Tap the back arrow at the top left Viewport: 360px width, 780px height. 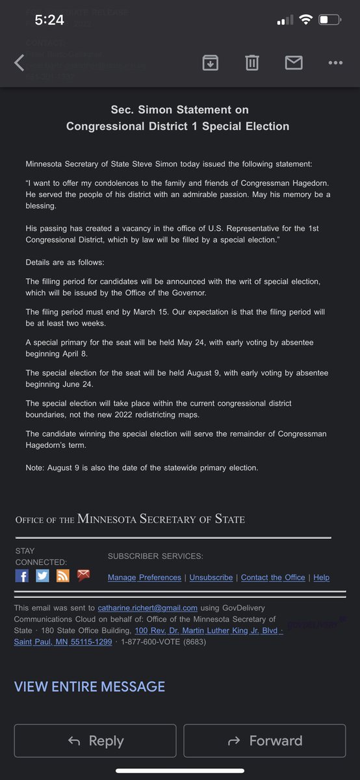(19, 62)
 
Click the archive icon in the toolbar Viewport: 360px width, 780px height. (210, 62)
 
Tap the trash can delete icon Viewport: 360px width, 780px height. (252, 62)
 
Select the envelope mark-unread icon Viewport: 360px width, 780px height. (294, 62)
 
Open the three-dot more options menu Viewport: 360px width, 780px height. (335, 62)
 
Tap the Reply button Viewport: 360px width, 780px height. (95, 740)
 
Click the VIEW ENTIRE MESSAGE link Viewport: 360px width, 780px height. (90, 686)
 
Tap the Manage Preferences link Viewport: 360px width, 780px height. (144, 577)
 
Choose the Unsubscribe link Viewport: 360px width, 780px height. (211, 577)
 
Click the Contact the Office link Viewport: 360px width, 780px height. (273, 577)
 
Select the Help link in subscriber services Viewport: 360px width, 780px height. (321, 577)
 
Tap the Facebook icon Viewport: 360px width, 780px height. (22, 575)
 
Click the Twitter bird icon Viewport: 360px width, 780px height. (42, 575)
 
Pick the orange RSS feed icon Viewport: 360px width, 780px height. (63, 575)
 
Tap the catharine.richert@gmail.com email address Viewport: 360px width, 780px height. (148, 608)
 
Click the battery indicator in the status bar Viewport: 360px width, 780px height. (329, 20)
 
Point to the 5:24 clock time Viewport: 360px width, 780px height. (49, 20)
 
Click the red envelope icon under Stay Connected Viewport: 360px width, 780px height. (83, 575)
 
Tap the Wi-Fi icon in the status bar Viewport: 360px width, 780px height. (305, 20)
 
